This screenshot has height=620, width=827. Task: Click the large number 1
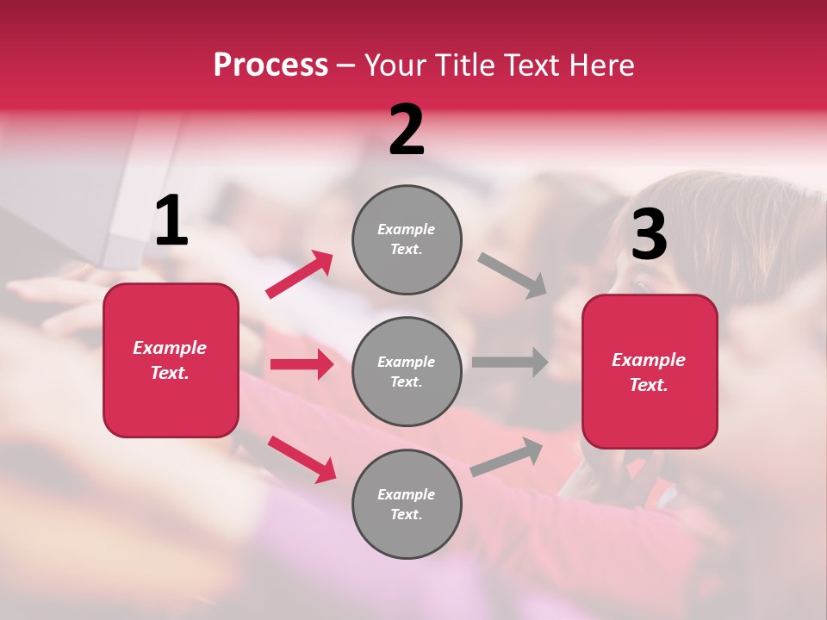pyautogui.click(x=171, y=221)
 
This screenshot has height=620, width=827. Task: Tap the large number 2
pyautogui.click(x=407, y=130)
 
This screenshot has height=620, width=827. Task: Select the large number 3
pyautogui.click(x=649, y=235)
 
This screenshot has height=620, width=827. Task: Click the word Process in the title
pyautogui.click(x=270, y=65)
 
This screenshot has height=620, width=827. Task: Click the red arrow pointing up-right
pyautogui.click(x=300, y=275)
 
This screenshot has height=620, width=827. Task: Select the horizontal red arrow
pyautogui.click(x=302, y=364)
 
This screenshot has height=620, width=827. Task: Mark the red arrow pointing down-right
pyautogui.click(x=302, y=459)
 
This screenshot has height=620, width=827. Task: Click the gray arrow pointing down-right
pyautogui.click(x=513, y=275)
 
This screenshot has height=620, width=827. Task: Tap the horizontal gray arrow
pyautogui.click(x=510, y=362)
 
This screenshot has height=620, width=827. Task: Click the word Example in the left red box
pyautogui.click(x=170, y=348)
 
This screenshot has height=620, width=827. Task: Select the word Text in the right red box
pyautogui.click(x=648, y=385)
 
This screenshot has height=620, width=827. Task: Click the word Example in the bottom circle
pyautogui.click(x=406, y=494)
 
